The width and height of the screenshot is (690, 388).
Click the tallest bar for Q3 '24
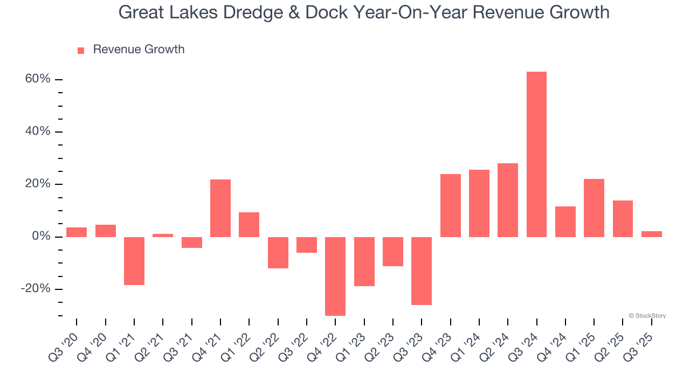pos(536,154)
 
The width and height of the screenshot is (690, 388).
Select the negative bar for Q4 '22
pos(335,276)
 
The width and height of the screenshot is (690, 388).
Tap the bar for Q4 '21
pos(220,208)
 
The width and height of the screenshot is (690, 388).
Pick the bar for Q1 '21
pos(134,261)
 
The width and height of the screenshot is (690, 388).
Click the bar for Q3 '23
pos(422,271)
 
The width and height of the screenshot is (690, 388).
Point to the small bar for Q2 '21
pos(163,235)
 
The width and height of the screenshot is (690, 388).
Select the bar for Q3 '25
pos(651,234)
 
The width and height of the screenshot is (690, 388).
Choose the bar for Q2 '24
pos(508,200)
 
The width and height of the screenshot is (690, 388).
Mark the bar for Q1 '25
pos(594,208)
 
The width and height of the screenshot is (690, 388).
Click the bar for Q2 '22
pos(278,252)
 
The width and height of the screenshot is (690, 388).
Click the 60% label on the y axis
pos(37,79)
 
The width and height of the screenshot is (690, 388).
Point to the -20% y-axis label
pos(36,289)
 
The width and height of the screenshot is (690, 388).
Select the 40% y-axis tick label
pos(37,131)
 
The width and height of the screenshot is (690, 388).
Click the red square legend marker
pos(81,50)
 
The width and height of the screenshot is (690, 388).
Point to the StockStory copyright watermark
pos(647,316)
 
